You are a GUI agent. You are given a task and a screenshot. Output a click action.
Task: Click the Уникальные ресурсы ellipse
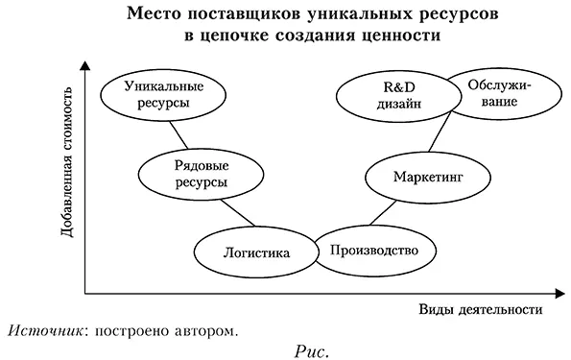[x=155, y=92]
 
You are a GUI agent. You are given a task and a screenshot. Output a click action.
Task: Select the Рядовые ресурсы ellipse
[x=187, y=174]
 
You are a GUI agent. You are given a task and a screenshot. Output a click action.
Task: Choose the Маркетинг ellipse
[x=414, y=177]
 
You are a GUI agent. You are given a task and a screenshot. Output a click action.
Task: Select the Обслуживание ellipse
[x=499, y=94]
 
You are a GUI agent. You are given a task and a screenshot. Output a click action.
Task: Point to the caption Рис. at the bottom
[x=311, y=349]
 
